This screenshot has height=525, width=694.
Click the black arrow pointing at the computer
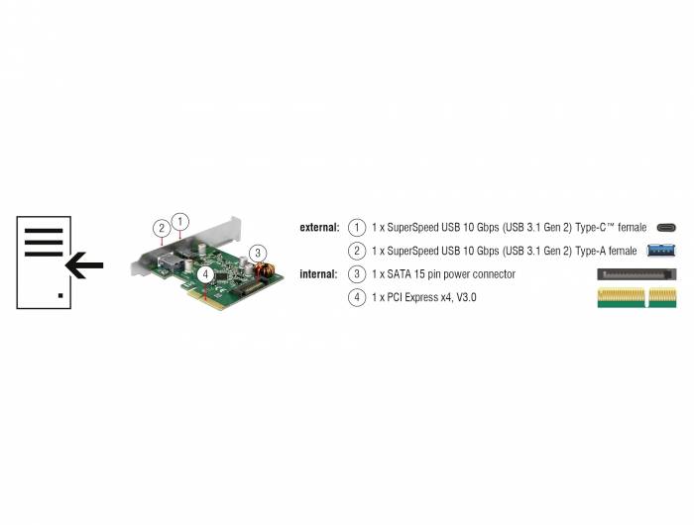84,264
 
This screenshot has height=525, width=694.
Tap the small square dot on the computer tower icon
61,295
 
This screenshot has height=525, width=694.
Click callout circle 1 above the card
179,220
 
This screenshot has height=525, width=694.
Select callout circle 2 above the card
162,228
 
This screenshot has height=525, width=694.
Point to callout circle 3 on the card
257,252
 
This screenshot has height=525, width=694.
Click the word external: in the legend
319,227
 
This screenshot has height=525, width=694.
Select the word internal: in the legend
319,273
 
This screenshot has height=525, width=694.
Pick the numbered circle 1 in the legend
357,227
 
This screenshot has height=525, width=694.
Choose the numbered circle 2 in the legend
357,251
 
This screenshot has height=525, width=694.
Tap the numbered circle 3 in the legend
357,273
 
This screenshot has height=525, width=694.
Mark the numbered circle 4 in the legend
357,297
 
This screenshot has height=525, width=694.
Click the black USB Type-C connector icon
665,228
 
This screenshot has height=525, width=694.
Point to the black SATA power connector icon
636,273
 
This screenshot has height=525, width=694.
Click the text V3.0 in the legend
465,297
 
